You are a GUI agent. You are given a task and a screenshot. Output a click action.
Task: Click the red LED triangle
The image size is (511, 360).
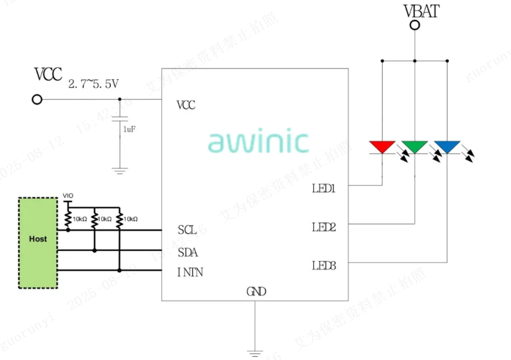382,146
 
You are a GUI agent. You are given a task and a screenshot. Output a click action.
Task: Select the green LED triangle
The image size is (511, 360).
414,146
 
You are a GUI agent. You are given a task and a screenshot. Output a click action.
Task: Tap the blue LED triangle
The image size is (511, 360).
447,146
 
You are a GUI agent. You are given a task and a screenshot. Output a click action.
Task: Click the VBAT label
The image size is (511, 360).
421,11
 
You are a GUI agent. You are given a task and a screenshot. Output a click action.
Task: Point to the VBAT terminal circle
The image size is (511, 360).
414,26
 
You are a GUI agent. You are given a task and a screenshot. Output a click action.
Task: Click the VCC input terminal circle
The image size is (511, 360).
38,99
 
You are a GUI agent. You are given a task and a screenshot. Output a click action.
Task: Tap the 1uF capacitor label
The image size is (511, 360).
130,129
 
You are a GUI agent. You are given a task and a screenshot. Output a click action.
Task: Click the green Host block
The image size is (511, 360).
38,242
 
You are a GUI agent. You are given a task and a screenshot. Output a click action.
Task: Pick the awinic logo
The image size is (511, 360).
258,141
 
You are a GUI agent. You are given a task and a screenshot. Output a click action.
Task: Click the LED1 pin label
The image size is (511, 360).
324,188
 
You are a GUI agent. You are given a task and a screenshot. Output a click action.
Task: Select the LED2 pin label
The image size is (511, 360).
324,227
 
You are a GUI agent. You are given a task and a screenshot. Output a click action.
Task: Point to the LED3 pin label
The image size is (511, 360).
324,266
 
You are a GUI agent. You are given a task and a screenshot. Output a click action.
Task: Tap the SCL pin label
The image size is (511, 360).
187,230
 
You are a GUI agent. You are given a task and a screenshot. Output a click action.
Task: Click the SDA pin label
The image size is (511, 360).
188,252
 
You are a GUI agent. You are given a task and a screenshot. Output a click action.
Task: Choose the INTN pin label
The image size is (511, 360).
190,271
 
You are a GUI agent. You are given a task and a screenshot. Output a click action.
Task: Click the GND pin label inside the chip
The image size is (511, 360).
256,291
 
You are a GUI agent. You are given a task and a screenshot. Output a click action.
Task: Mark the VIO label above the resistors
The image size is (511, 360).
67,196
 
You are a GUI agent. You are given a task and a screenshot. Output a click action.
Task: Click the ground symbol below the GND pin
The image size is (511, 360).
255,353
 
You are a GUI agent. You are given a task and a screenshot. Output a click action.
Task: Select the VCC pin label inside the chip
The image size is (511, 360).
186,105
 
